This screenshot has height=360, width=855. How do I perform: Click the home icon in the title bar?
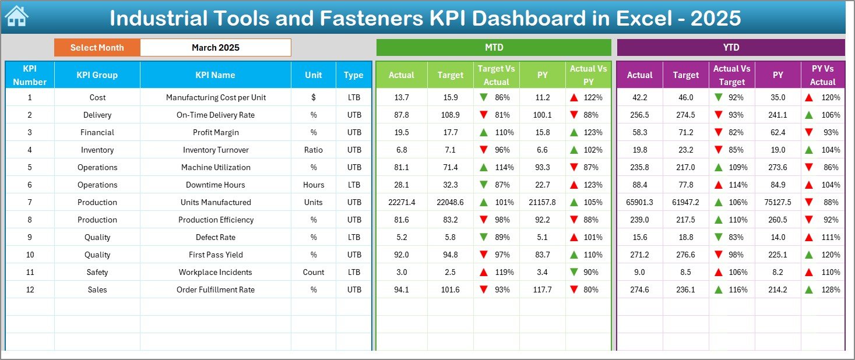(x=16, y=17)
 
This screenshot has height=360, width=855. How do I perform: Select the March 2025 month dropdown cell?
(x=215, y=48)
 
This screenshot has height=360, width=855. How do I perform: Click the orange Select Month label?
(x=97, y=48)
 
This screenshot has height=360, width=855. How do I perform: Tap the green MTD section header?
(x=493, y=48)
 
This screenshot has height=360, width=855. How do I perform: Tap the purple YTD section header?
(x=730, y=48)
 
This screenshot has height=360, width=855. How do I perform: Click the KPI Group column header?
(x=97, y=75)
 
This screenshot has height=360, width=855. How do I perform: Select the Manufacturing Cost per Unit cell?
(x=216, y=97)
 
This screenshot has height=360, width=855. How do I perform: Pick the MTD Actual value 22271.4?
(x=401, y=202)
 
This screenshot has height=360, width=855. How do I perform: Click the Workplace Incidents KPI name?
(x=216, y=272)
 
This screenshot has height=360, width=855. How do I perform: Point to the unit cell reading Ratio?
(x=314, y=150)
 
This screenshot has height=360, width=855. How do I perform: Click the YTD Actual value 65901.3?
(x=639, y=202)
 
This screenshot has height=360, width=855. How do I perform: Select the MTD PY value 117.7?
(x=542, y=290)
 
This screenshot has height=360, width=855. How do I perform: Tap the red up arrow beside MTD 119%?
(x=484, y=272)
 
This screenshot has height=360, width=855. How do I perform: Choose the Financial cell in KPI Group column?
(x=97, y=132)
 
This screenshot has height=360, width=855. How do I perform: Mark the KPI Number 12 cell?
(x=30, y=290)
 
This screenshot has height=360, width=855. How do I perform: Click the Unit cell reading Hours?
(x=314, y=185)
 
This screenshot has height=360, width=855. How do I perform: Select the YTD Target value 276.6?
(x=685, y=255)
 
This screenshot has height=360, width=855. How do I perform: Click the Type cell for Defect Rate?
(x=354, y=237)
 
